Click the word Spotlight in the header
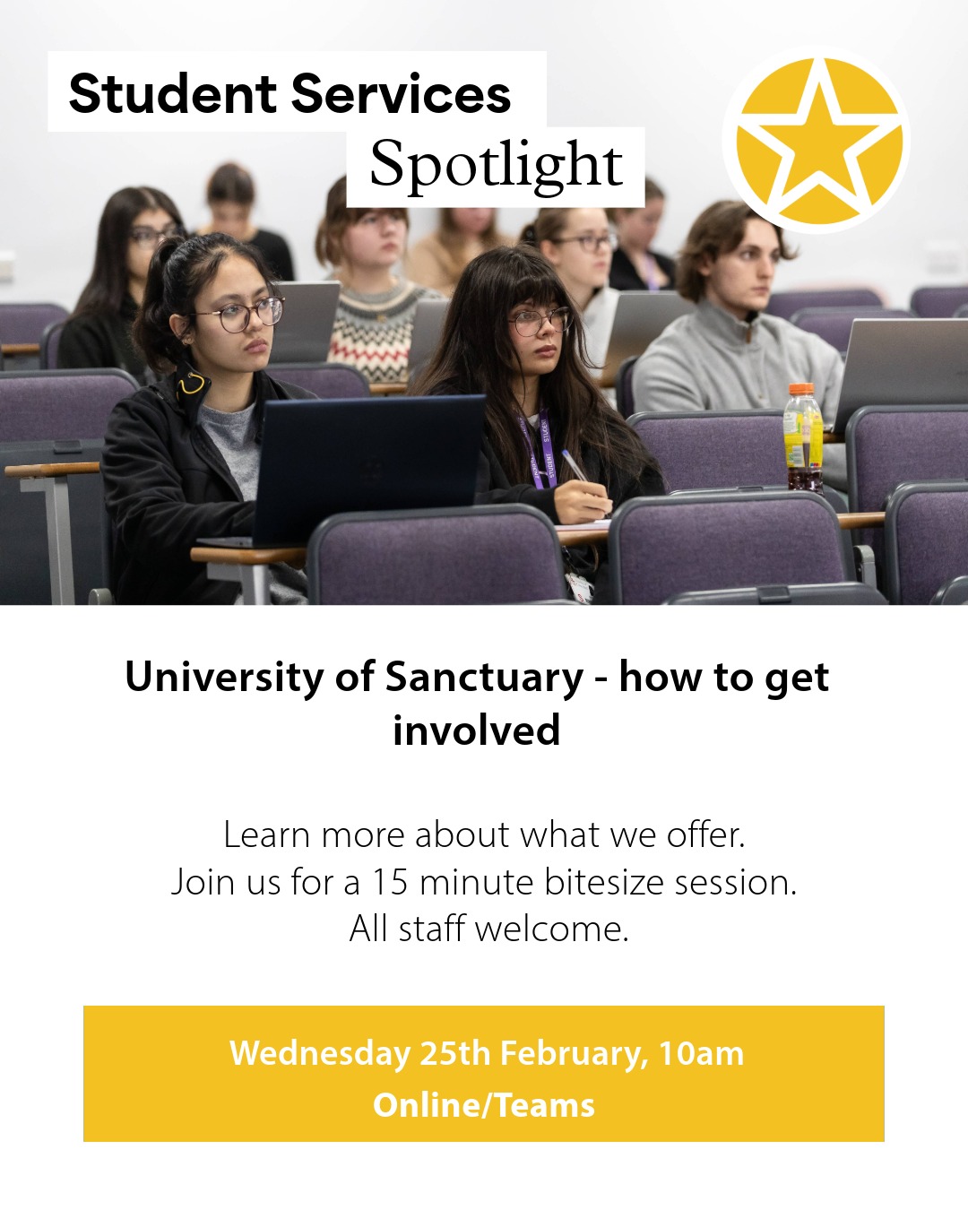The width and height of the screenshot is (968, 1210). (x=496, y=166)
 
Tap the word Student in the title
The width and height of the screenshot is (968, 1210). (x=173, y=94)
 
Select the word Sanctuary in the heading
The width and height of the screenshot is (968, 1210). (x=484, y=677)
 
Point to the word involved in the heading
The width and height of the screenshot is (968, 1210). (x=476, y=730)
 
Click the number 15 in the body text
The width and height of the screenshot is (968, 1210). (x=390, y=882)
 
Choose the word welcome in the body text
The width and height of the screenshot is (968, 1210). (x=550, y=929)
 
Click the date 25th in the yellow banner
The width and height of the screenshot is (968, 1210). (x=454, y=1053)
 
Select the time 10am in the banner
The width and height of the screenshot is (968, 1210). (x=701, y=1053)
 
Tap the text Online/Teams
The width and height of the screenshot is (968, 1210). (x=484, y=1105)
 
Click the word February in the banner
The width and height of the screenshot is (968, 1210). (x=574, y=1053)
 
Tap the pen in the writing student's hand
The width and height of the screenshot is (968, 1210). (x=575, y=465)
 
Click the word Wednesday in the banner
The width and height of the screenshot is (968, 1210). (x=320, y=1053)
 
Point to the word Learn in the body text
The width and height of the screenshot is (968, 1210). (x=266, y=834)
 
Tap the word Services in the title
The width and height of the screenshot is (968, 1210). (x=401, y=94)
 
